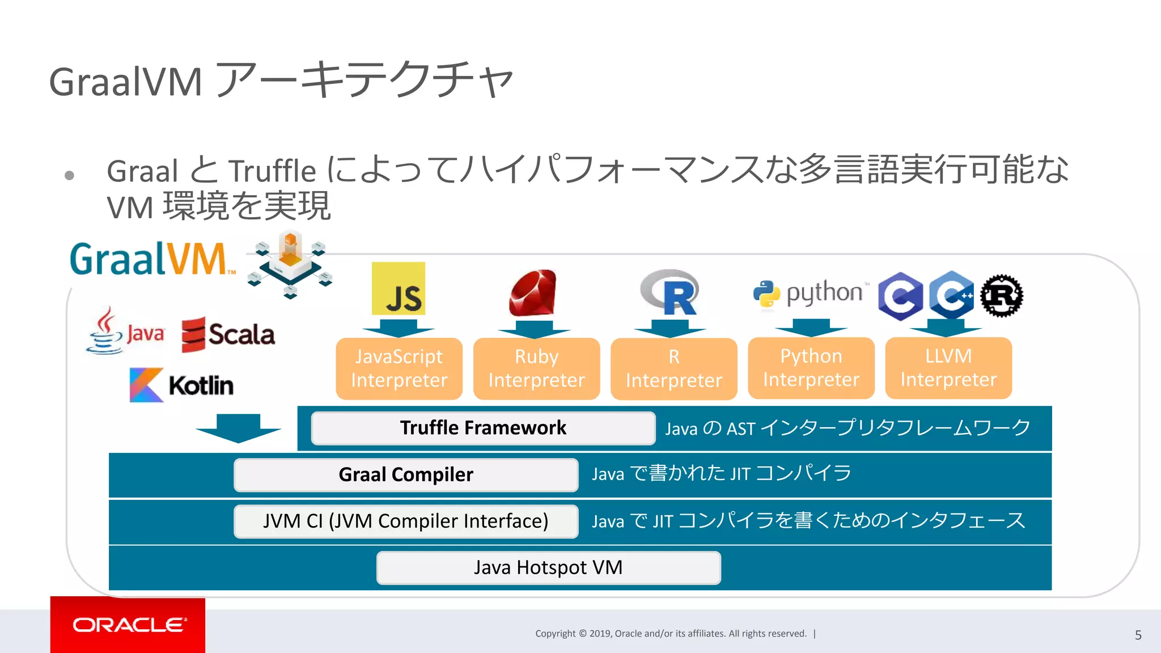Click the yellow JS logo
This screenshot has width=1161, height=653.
399,289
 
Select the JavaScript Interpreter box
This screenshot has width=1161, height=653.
399,368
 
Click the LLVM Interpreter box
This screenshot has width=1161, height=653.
948,368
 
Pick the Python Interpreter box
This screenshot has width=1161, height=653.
811,368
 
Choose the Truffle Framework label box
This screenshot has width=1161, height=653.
483,428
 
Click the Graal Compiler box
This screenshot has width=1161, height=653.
406,474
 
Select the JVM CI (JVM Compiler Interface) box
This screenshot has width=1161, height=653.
406,521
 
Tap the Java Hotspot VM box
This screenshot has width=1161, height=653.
548,567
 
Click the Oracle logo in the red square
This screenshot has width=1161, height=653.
128,625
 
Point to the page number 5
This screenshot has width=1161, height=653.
1138,635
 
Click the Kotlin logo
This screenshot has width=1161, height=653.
181,385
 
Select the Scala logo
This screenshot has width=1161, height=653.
228,334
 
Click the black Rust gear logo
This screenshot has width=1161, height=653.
1002,295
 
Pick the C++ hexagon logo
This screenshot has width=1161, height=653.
951,295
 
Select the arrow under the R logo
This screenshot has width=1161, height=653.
670,328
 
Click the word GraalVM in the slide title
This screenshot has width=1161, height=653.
125,82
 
